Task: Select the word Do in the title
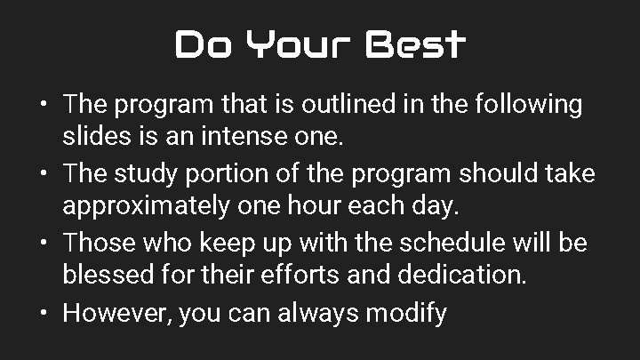click(198, 44)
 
